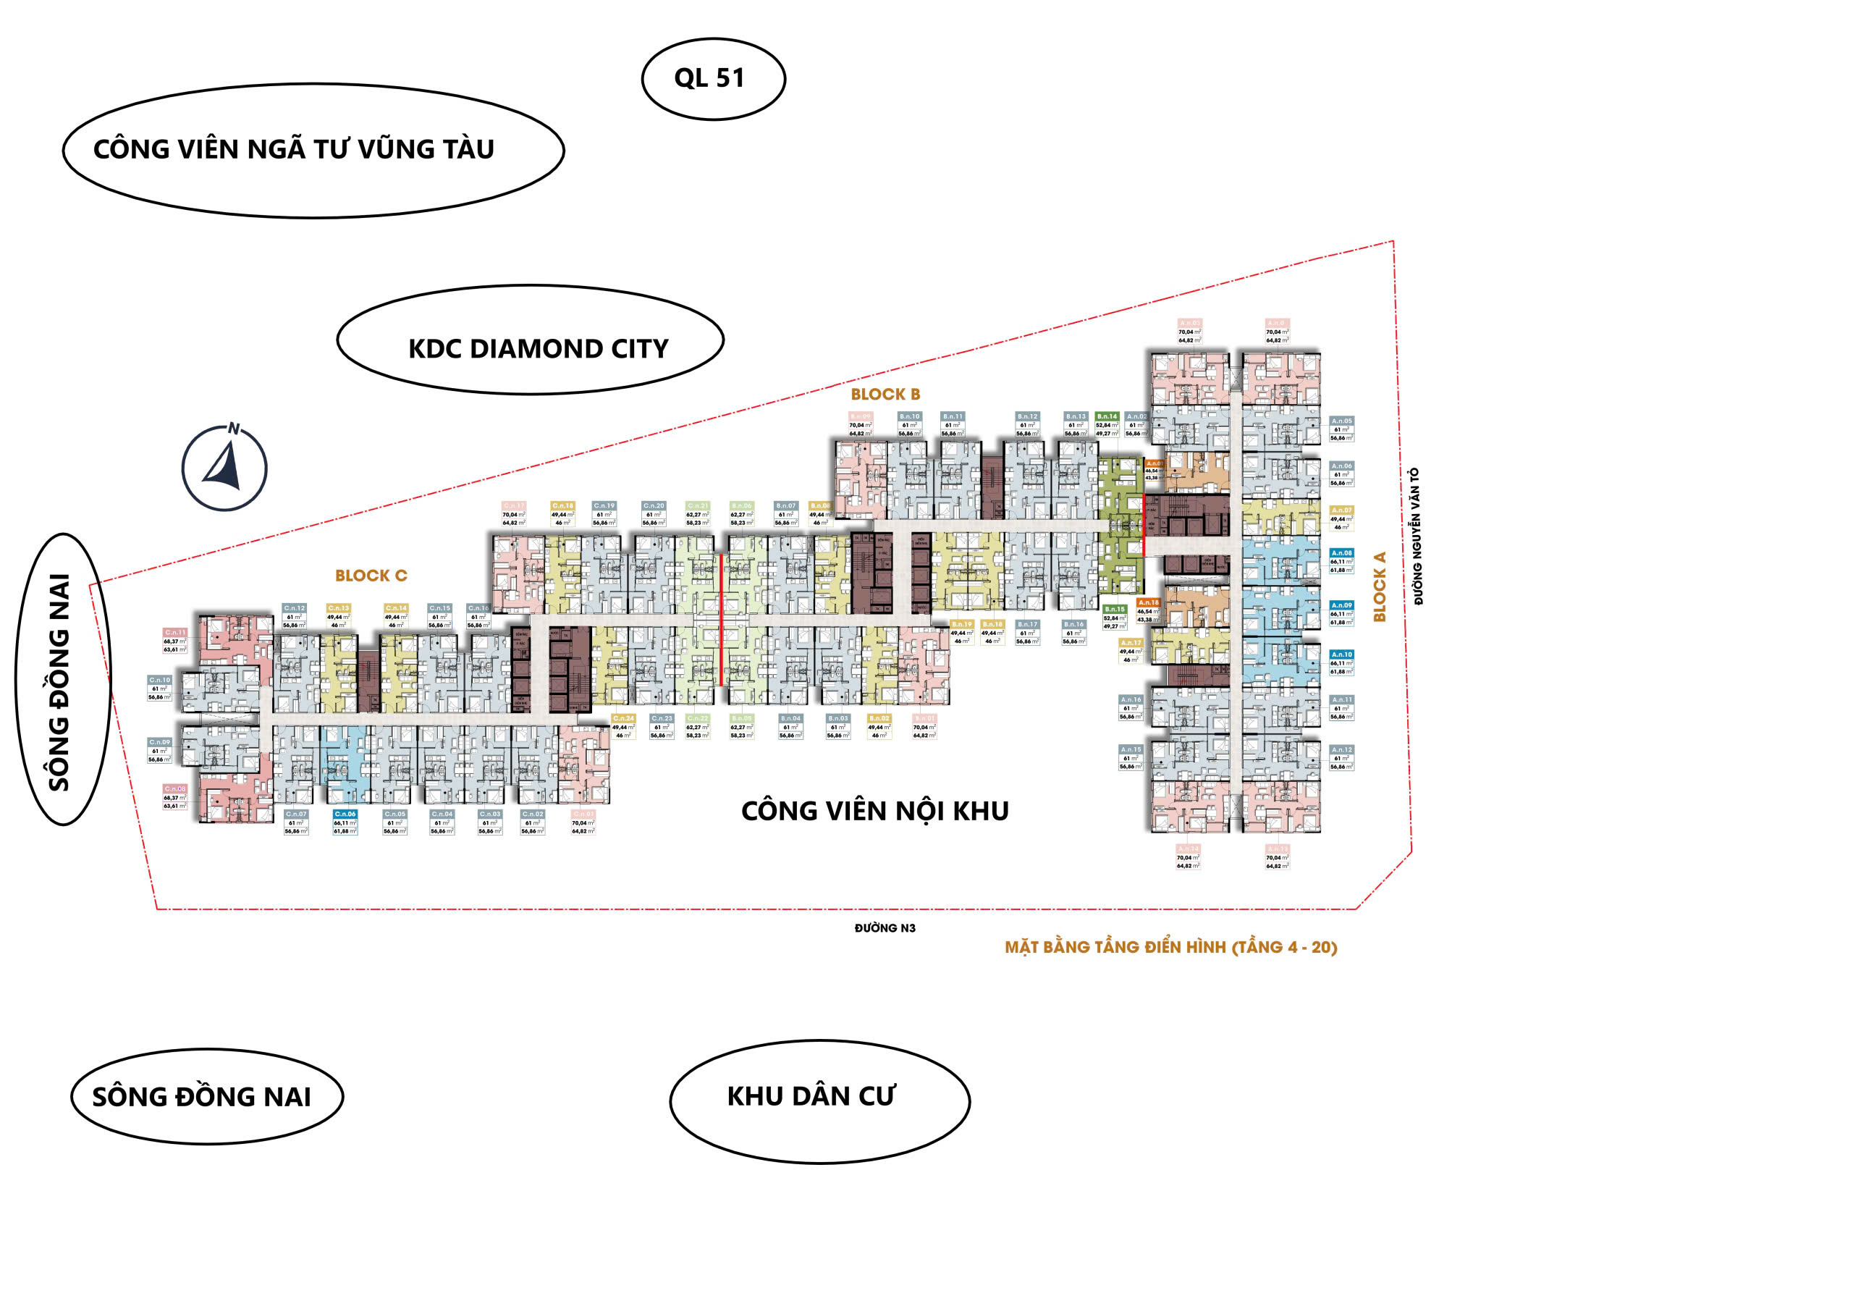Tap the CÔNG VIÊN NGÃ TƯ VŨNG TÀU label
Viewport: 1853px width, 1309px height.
point(294,149)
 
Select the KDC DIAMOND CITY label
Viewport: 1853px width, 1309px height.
point(538,349)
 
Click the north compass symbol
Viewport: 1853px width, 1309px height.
point(224,468)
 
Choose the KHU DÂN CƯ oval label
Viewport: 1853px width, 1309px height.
point(811,1097)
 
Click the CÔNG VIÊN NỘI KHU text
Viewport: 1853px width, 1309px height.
point(875,811)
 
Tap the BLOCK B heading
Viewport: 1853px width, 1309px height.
point(885,395)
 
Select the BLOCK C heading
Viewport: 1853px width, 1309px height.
point(371,576)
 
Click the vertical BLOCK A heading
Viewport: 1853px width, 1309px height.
point(1380,586)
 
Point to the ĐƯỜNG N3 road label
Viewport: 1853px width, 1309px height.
point(885,928)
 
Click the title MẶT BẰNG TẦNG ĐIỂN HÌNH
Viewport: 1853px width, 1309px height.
point(1170,948)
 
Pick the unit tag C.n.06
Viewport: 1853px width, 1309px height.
point(345,815)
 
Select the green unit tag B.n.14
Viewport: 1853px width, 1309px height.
point(1107,417)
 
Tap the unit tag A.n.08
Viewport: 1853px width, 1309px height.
point(1341,554)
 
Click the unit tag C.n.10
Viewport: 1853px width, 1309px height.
point(160,681)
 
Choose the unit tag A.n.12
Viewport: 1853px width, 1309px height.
point(1341,750)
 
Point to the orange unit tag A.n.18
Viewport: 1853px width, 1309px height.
point(1149,603)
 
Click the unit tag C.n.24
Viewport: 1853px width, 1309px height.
point(623,718)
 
